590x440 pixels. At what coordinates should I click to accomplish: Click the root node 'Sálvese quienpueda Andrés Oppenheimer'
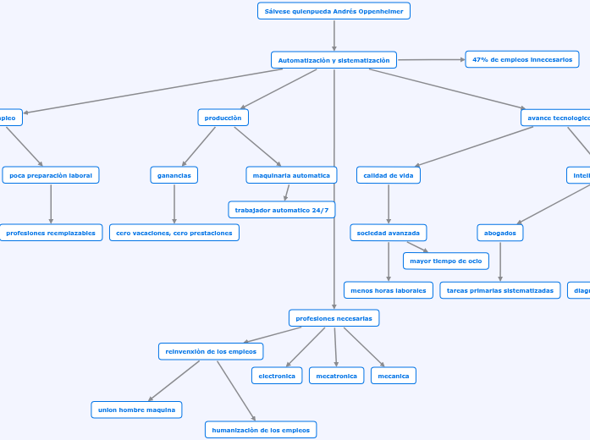coord(334,11)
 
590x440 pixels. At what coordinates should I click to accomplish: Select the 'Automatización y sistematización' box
coord(334,60)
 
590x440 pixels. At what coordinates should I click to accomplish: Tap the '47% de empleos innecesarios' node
coord(521,59)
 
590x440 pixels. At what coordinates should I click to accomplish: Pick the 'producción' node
coord(223,118)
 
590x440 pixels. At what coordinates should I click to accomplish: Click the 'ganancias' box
coord(174,175)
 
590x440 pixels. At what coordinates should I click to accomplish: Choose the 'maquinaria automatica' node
coord(290,175)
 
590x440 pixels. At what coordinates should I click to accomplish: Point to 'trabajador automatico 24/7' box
coord(281,209)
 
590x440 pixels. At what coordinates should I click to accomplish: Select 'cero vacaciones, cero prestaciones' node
coord(174,233)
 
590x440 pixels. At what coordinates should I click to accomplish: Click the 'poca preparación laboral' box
coord(51,175)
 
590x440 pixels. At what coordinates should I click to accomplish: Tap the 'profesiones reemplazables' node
coord(51,233)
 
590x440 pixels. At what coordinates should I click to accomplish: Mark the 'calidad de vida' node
coord(389,175)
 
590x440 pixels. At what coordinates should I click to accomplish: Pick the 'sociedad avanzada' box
coord(389,233)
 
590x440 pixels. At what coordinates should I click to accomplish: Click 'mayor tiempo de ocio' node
coord(445,261)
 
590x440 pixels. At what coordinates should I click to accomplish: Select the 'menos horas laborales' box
coord(389,290)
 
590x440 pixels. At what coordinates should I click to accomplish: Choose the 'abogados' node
coord(499,233)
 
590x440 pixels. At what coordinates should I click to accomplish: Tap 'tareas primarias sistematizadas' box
coord(499,290)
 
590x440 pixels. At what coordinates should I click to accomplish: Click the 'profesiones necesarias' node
coord(334,318)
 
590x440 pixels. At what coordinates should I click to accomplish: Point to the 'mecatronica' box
coord(336,376)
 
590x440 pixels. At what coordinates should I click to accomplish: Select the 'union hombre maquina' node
coord(136,410)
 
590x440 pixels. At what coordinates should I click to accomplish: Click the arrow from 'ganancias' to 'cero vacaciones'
coord(174,204)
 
